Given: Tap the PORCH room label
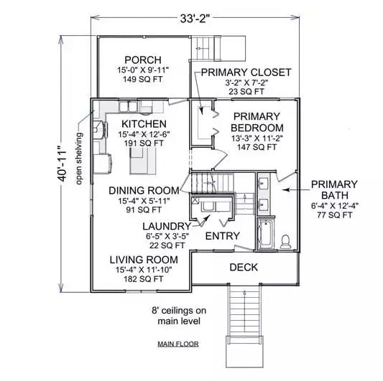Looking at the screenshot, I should pos(143,60).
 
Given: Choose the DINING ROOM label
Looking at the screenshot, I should pos(144,190).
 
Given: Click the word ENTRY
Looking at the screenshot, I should pos(223,236).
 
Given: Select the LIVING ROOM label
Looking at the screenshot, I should pos(144,259).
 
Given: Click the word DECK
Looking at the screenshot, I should pos(244,268).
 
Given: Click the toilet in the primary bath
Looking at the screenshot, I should pos(285,240).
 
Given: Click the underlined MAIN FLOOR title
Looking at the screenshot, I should pos(177,344).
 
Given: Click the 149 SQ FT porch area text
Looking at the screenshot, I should pos(143,80).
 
